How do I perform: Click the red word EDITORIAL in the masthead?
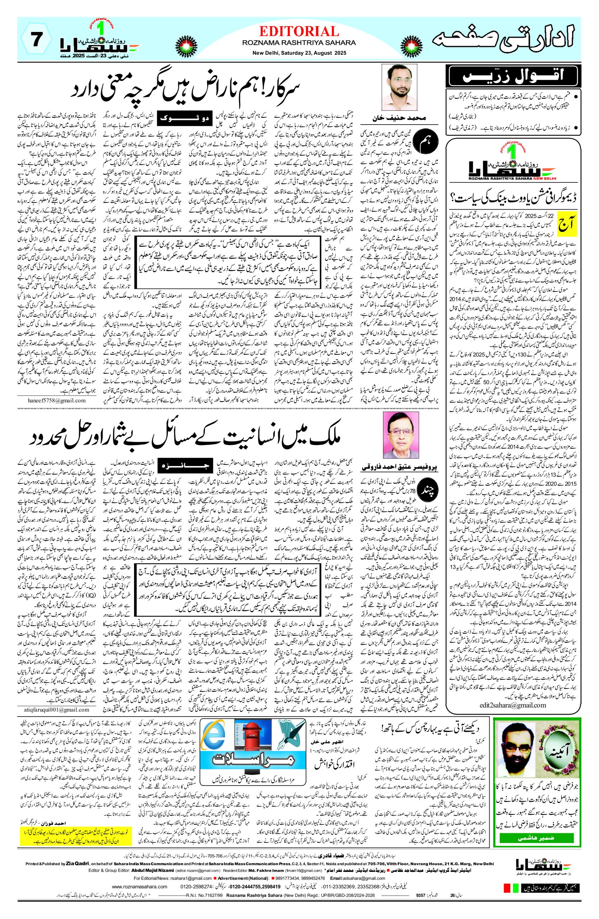[299, 31]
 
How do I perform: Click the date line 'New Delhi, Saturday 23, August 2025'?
[299, 53]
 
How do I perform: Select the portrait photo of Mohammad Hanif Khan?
[399, 87]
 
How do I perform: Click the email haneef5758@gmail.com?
[56, 400]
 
